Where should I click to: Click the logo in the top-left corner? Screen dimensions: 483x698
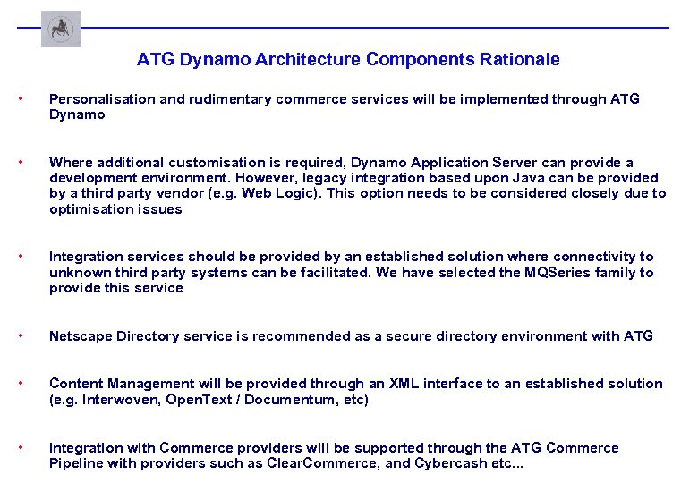[x=61, y=29]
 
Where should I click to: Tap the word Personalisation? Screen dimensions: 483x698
[x=102, y=99]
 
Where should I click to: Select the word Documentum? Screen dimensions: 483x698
[x=294, y=400]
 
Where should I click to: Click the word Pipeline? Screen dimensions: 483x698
[x=76, y=463]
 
